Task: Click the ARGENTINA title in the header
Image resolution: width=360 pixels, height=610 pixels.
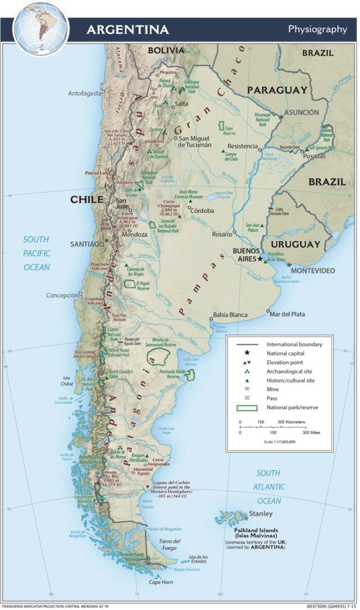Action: pos(128,29)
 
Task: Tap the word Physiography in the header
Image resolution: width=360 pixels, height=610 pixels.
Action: pos(317,29)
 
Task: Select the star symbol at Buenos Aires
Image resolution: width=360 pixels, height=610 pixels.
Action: pos(260,259)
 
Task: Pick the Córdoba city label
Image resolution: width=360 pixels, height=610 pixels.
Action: pos(204,210)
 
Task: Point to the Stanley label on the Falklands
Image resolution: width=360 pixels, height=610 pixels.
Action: pos(261,513)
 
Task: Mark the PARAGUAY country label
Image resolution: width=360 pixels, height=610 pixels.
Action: pos(277,90)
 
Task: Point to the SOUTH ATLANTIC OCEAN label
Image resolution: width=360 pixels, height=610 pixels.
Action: pos(268,487)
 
